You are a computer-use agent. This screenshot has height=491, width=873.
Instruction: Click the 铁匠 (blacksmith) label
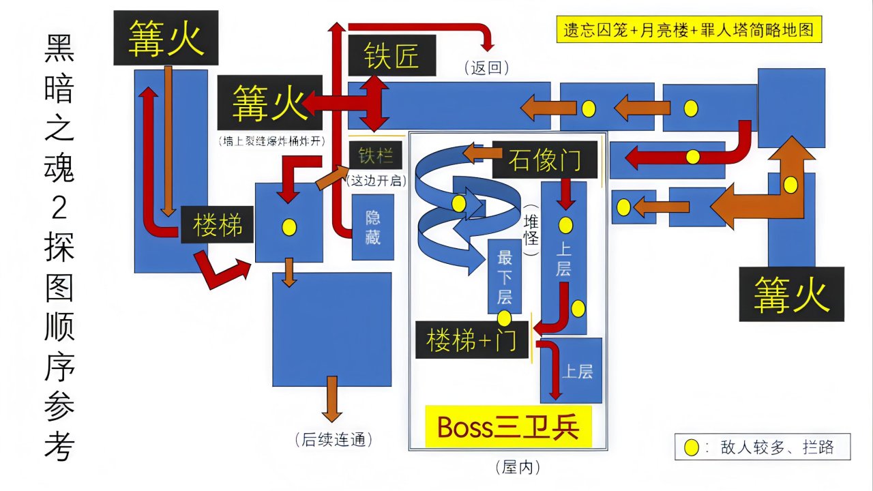coord(391,56)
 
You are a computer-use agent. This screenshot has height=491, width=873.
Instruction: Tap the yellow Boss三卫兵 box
coord(508,428)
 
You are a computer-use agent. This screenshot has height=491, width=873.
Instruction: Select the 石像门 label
coord(544,160)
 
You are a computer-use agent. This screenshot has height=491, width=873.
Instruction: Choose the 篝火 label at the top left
coord(166,38)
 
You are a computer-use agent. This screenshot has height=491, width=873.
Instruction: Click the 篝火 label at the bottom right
coord(791,295)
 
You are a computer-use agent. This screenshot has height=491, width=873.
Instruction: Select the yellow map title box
coord(688,31)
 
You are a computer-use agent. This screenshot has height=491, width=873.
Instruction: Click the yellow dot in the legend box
coord(692,448)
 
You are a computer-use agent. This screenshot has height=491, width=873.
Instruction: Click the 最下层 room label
coord(505,278)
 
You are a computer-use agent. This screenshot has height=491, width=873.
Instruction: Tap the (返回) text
coord(487,68)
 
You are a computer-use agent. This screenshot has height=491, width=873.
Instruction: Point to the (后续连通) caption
coord(334,439)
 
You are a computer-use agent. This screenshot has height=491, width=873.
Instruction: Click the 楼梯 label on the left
coord(218,226)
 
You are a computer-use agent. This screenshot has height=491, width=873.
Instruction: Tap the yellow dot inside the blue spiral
coord(459,203)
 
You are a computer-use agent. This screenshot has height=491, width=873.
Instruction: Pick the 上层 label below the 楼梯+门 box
coord(577,372)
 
